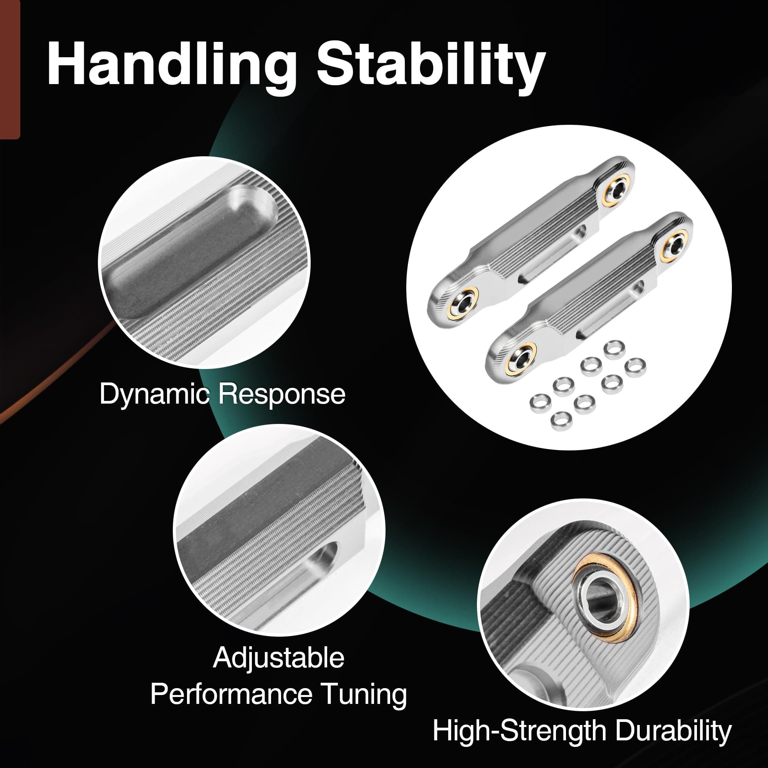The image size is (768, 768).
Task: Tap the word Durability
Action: click(x=670, y=730)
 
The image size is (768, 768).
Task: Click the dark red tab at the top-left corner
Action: click(x=10, y=70)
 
